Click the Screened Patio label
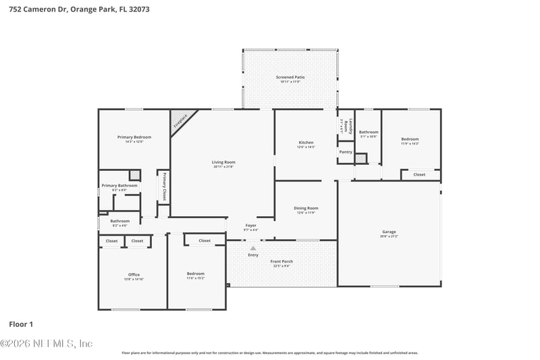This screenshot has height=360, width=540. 290,78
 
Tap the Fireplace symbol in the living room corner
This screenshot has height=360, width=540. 180,121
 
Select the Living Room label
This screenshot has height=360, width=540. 223,162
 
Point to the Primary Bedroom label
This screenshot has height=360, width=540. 134,137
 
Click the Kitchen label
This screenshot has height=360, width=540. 306,143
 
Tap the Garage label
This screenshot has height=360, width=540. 389,232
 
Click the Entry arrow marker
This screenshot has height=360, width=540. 253,248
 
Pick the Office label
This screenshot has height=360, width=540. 134,274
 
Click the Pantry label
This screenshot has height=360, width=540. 346,152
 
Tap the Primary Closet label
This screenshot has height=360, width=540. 164,186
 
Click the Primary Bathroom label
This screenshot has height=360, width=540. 119,186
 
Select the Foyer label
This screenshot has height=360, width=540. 250,226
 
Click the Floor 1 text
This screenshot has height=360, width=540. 21,324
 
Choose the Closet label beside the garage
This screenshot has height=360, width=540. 419,174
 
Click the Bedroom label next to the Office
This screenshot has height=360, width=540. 195,274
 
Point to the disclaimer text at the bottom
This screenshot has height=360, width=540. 269,353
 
